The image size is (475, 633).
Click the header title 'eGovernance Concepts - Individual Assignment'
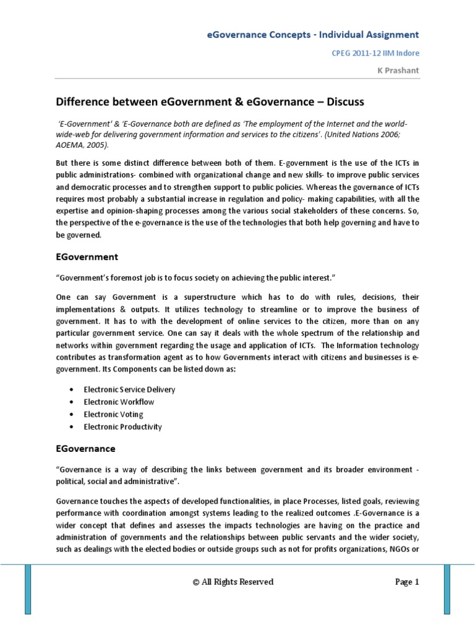tap(312, 35)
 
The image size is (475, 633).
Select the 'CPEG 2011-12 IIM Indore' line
tap(367, 54)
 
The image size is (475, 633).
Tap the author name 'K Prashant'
tap(398, 70)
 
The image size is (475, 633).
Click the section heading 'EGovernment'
tap(87, 256)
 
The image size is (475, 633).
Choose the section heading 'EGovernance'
tap(86, 448)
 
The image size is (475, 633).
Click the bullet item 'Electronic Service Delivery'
tap(129, 389)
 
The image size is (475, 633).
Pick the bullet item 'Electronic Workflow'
tap(119, 402)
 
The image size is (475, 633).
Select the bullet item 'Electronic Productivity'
tap(123, 427)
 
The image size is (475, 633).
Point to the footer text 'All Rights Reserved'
tap(237, 582)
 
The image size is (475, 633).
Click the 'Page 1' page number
tap(407, 582)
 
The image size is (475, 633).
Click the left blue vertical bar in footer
tap(28, 587)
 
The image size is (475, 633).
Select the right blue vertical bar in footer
tap(447, 587)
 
